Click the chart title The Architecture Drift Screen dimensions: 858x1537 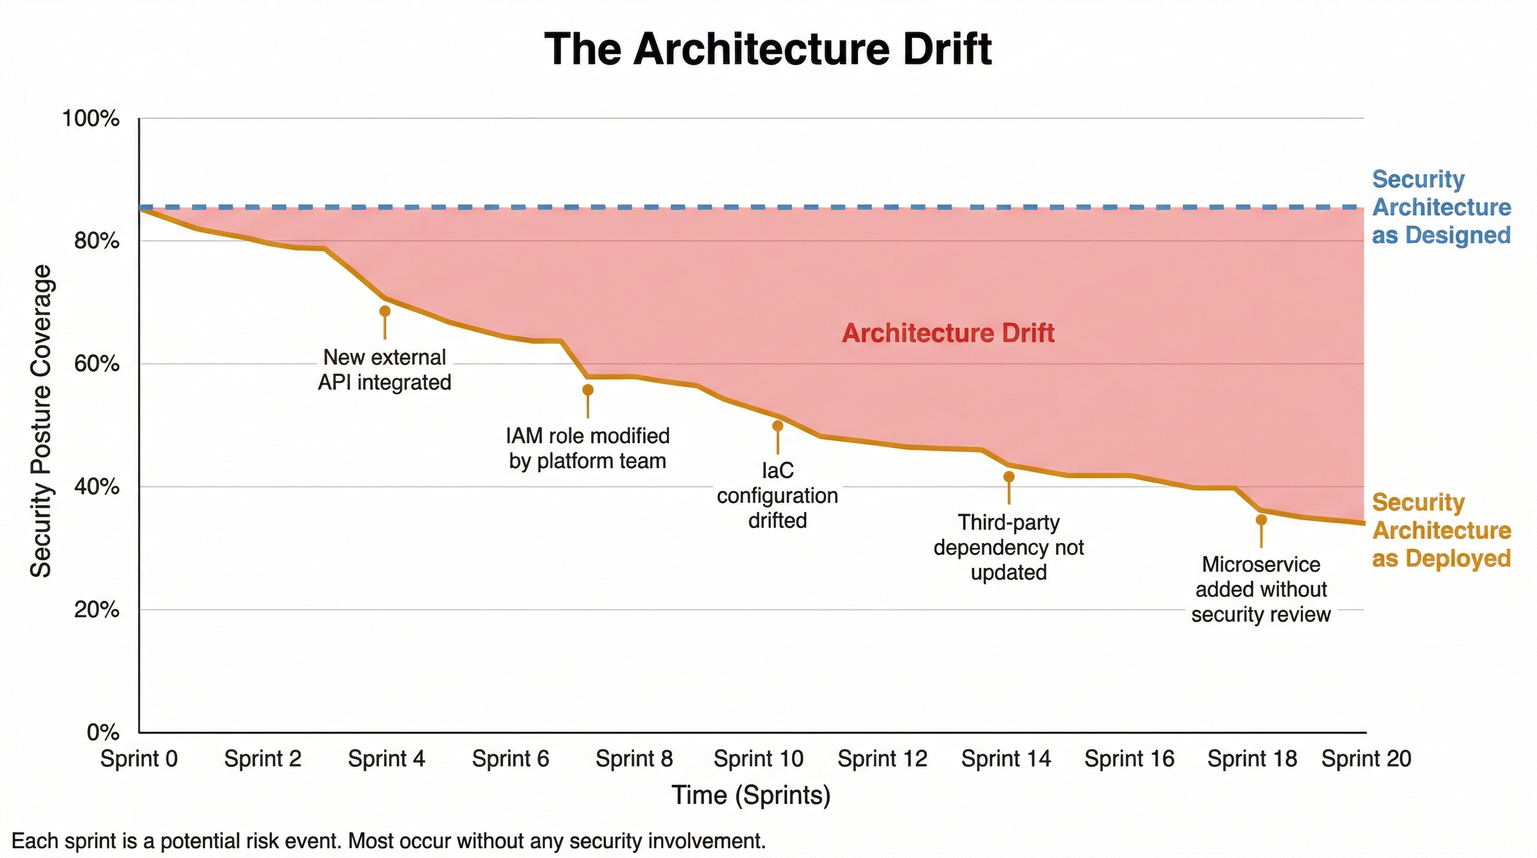[x=768, y=49]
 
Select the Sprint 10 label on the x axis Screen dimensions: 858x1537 [x=758, y=759]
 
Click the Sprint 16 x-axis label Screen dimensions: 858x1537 [x=1129, y=759]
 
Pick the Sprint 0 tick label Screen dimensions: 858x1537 [x=139, y=759]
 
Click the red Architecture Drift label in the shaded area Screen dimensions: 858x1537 [x=947, y=333]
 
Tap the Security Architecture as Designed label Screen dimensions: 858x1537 [x=1441, y=207]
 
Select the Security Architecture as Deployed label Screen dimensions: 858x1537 [x=1441, y=531]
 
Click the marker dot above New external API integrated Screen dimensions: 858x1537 [x=385, y=311]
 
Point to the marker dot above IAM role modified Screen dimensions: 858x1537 [x=588, y=390]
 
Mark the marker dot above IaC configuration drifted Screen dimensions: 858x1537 [x=777, y=426]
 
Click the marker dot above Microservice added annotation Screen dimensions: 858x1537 [x=1261, y=519]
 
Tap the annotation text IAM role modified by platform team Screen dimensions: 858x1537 [x=588, y=448]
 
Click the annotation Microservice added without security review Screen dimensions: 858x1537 [x=1261, y=589]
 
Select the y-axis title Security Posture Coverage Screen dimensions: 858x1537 [x=41, y=421]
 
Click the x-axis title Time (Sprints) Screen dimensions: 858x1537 [x=751, y=795]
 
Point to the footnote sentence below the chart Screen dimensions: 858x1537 [x=388, y=841]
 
